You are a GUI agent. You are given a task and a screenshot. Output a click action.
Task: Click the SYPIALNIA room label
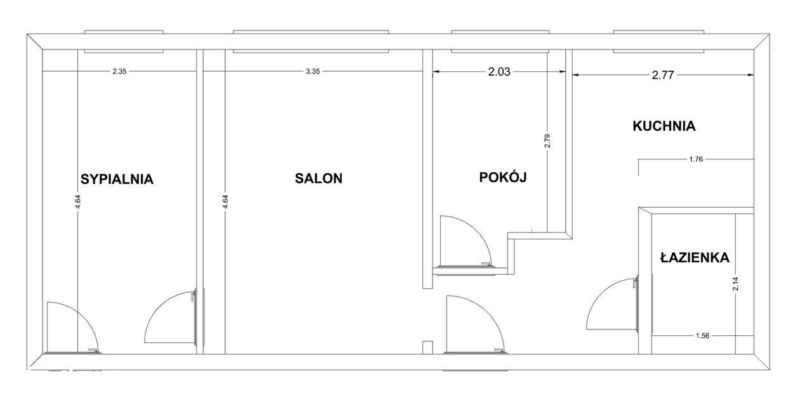pos(117,179)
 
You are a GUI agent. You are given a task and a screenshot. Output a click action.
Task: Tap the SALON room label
pos(318,178)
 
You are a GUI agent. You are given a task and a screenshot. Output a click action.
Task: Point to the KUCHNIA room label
pos(664,126)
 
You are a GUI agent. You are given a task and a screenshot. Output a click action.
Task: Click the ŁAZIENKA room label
pos(695,257)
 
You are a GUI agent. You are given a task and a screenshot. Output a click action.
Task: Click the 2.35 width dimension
pos(119,72)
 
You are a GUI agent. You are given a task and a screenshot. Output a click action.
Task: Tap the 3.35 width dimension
pos(313,72)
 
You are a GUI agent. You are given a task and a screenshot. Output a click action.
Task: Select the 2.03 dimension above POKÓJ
pos(499,72)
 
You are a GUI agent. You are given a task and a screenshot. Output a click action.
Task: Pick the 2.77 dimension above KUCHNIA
pos(663,75)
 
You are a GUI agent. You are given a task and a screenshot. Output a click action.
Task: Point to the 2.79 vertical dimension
pos(547,141)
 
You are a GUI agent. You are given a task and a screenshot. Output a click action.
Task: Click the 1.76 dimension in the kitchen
pos(696,159)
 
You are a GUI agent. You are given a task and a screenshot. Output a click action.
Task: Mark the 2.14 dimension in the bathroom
pos(735,284)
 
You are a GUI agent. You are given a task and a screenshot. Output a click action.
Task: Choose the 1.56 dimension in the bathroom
pos(702,336)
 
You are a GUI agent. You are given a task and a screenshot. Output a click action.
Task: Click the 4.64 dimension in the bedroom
pos(78,202)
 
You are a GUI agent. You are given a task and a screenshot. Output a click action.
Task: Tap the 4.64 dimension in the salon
pos(225,202)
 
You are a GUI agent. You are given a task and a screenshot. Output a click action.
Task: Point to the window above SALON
pos(311,42)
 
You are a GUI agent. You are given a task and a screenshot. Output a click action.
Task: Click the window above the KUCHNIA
pos(658,42)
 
